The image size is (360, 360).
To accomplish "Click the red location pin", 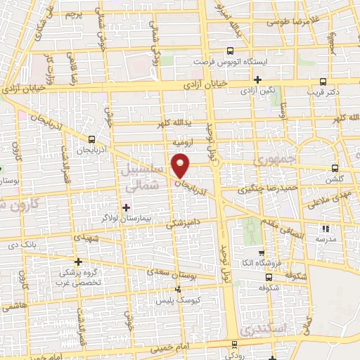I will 181,165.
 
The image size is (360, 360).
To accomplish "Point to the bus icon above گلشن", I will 334,167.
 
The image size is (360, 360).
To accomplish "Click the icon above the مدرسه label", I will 324,229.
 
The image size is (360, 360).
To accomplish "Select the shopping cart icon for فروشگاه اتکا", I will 262,253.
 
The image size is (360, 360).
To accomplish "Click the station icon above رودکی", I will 233,345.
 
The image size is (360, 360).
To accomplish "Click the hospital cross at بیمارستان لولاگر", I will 127,207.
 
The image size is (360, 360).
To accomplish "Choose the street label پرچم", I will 73,14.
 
